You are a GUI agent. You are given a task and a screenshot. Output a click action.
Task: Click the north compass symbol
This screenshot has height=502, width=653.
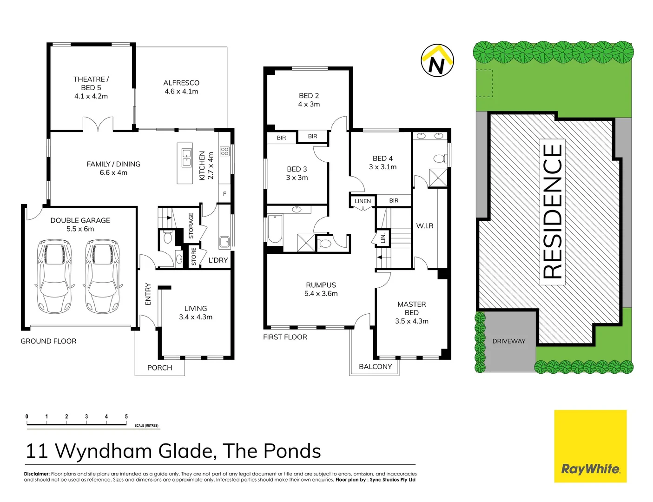pos(437,61)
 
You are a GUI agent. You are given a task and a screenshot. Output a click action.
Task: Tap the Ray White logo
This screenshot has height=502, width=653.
pos(590,469)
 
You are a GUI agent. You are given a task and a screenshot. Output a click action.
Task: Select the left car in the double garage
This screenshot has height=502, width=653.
pos(55,276)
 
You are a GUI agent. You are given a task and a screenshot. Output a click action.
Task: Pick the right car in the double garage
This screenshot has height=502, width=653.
pos(103,276)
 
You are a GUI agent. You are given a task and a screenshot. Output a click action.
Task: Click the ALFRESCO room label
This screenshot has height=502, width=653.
pos(181,87)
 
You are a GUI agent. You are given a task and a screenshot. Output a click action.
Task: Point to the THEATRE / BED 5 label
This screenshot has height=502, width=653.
pos(91,87)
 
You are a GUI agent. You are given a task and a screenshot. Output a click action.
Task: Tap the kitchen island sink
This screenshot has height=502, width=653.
pos(186,158)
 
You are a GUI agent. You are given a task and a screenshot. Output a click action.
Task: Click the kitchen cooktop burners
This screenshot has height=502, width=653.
pos(225,151)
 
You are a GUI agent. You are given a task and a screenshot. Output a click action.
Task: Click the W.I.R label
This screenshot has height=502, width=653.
pos(425,226)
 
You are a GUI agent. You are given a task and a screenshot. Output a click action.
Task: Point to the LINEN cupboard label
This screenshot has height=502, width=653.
pos(363,201)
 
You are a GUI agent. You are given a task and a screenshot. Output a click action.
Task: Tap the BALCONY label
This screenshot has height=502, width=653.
pos(376,367)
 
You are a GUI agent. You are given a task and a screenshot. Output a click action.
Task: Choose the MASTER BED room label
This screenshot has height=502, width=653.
pos(412,312)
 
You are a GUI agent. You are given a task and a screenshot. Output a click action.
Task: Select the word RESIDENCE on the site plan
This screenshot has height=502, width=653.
pos(553,211)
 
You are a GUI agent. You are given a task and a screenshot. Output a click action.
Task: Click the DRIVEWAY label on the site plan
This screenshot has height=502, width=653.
pos(509,341)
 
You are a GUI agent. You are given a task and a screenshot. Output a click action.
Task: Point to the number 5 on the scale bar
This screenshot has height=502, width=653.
pos(126,416)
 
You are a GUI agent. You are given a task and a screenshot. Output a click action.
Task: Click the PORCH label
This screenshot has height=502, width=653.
pos(159,368)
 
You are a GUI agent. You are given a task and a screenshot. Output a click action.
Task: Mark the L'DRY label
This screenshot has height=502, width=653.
pos(218,260)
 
